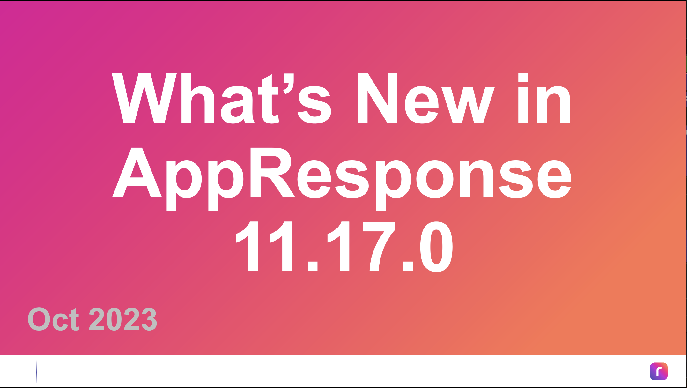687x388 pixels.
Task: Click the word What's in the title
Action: (x=222, y=98)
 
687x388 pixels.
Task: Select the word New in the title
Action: (x=426, y=98)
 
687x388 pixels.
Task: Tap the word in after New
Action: (x=544, y=98)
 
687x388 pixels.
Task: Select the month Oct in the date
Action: (x=53, y=319)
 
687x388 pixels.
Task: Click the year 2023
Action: (x=123, y=319)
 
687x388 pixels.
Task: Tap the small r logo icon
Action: (x=659, y=371)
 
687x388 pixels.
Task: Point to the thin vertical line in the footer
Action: (x=37, y=371)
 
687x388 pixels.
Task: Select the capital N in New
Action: (x=378, y=98)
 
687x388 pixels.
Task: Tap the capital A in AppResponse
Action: (x=137, y=172)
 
